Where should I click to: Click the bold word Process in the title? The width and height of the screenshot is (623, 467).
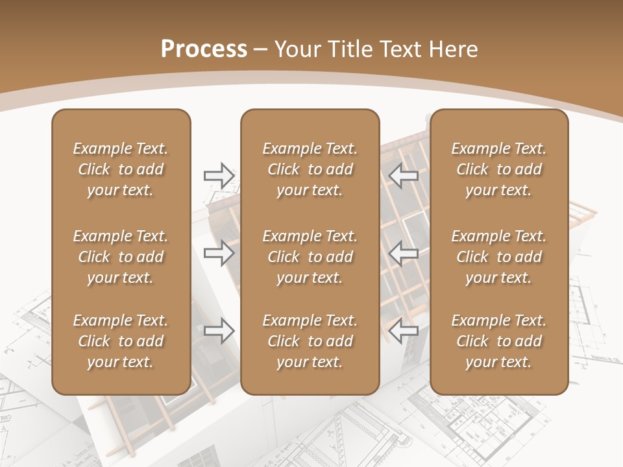pos(204,49)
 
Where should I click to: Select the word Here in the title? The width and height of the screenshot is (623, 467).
pos(453,49)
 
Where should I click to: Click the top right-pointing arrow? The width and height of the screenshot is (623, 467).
pos(219,176)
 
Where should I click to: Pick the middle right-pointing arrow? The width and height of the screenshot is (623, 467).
pos(219,253)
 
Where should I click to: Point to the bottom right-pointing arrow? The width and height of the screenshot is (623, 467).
pos(219,331)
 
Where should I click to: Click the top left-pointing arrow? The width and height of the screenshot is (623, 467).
pos(404,176)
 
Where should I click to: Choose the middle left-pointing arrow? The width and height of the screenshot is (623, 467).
pos(404,253)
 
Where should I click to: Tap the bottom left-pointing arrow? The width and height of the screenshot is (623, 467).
pos(404,331)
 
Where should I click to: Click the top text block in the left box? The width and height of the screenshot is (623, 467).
pos(121,169)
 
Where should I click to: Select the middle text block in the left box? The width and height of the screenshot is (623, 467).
pos(121,257)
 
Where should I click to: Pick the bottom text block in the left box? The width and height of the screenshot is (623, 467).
pos(121,341)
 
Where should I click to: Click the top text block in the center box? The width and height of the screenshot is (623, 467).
pos(310,169)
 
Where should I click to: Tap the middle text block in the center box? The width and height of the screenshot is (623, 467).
pos(310,257)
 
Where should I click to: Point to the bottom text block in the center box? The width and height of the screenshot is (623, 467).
pos(310,341)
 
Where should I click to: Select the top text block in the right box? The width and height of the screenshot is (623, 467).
pos(498,169)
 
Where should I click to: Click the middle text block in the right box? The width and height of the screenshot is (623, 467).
pos(498,257)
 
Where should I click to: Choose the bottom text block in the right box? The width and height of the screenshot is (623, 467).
pos(498,341)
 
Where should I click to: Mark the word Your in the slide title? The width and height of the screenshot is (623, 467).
pos(296,49)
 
